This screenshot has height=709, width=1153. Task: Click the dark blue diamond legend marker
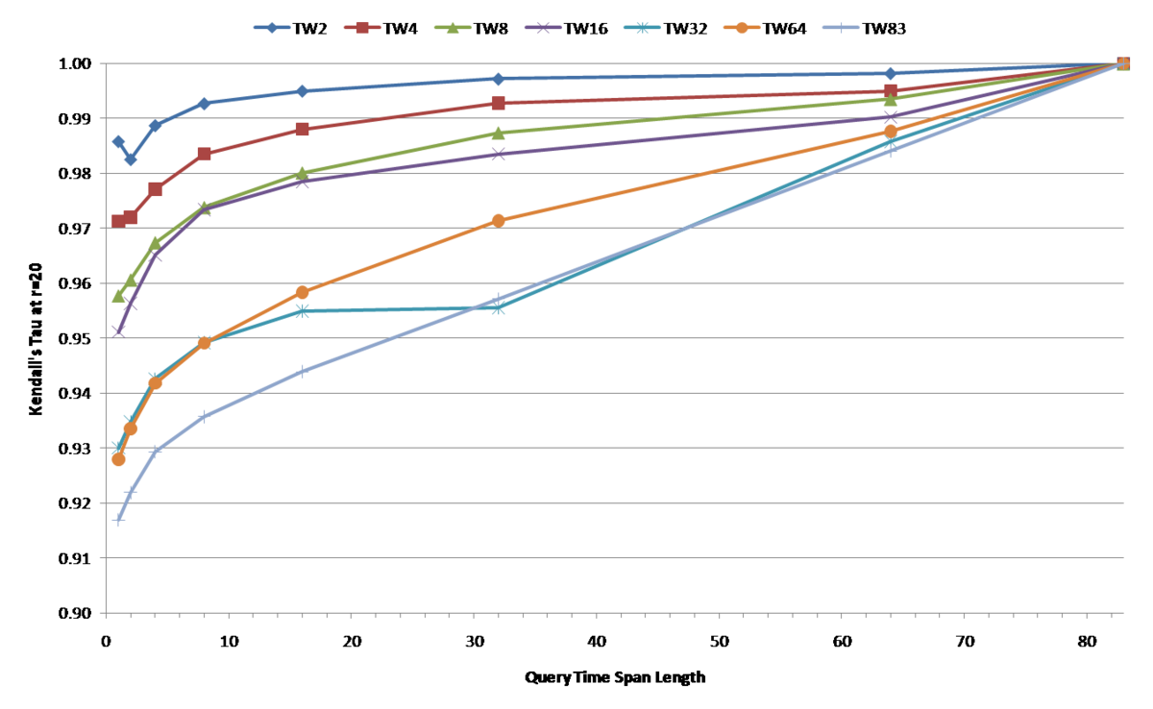pos(272,28)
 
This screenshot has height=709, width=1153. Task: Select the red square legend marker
pos(362,28)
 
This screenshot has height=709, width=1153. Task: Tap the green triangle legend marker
pos(453,28)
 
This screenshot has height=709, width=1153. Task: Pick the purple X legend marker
pos(543,28)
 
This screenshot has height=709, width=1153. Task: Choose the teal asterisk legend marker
pos(642,28)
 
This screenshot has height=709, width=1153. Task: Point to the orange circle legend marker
pos(742,28)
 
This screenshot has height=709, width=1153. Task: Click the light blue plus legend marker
pos(841,28)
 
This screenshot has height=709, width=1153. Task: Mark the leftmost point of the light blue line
pos(118,520)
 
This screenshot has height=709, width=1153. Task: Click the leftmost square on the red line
pos(118,220)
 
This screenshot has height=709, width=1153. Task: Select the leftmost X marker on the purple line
pos(118,330)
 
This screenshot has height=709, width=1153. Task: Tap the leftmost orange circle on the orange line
pos(118,460)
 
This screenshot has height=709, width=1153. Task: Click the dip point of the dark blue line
pos(130,159)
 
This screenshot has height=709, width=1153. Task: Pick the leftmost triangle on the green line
pos(118,296)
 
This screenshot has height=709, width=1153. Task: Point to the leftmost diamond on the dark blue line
pos(118,141)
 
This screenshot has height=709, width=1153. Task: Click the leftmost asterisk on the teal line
pos(118,447)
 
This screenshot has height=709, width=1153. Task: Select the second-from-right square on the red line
pos(891,90)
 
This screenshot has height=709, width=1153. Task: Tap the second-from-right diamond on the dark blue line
pos(891,74)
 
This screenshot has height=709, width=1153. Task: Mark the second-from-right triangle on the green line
pos(891,100)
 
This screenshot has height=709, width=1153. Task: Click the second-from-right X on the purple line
pos(891,117)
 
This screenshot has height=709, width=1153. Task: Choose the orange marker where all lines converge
pos(1123,63)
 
